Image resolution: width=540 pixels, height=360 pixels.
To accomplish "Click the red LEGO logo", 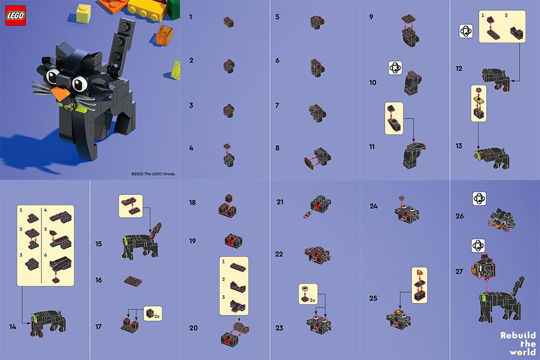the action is [x=16, y=16].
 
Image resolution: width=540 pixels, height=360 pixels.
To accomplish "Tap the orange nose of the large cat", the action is [x=61, y=94].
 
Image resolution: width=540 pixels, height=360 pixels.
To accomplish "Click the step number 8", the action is [x=277, y=148].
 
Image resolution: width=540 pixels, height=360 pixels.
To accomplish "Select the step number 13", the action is [x=459, y=146].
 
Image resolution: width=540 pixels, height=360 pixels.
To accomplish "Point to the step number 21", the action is [x=280, y=202].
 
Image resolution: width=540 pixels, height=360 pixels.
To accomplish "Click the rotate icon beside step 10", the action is [x=395, y=68].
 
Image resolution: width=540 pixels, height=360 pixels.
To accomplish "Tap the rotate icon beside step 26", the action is [x=479, y=199].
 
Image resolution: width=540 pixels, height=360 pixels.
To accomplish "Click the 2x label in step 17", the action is [x=157, y=316].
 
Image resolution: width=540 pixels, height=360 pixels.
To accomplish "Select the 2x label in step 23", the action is [x=313, y=300].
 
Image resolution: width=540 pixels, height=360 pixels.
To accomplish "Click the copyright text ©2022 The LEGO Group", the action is [x=153, y=173].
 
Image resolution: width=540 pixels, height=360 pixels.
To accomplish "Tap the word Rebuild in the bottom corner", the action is [x=518, y=335].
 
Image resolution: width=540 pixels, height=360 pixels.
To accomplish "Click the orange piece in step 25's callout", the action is [x=419, y=272].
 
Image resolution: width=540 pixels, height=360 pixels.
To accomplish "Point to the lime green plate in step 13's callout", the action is [x=478, y=100].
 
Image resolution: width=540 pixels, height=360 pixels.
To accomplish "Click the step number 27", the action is [x=459, y=271].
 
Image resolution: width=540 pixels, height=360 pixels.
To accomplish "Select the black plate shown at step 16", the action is [x=133, y=281].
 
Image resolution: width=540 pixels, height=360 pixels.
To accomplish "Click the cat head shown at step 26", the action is [x=502, y=219].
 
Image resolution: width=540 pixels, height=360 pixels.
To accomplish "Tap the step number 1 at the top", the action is [x=190, y=17].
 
